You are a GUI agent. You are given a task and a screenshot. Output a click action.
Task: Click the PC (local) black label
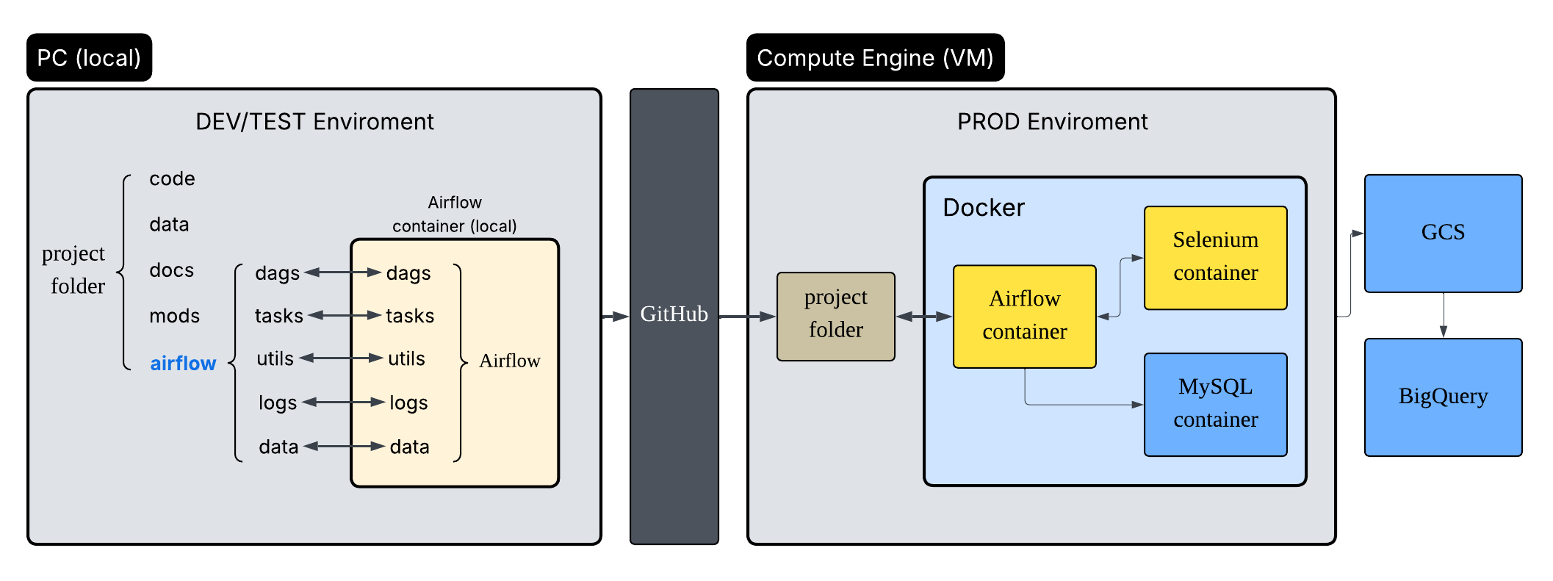(89, 57)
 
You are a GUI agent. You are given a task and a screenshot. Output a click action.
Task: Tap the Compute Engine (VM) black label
(875, 57)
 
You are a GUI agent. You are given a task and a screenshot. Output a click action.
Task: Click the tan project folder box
(835, 316)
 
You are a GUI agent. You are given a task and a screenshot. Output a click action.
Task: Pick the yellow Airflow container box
(1024, 316)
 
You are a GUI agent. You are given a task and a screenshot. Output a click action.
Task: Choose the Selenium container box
(1215, 257)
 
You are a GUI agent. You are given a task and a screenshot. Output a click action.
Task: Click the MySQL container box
(1215, 404)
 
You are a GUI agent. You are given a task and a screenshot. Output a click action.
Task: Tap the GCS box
(1443, 233)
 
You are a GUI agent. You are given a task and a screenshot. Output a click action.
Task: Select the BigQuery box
(1443, 397)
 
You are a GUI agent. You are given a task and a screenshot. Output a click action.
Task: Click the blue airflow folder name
(183, 363)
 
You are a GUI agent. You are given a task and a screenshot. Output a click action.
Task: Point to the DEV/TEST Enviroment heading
(314, 121)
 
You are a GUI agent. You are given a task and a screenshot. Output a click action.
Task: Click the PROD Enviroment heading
(1052, 121)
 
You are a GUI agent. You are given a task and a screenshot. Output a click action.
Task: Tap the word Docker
(983, 208)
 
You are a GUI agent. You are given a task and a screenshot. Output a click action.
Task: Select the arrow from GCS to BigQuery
(1444, 315)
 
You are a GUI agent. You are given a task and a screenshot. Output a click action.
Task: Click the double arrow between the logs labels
(343, 402)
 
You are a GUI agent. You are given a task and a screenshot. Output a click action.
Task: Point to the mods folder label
(174, 316)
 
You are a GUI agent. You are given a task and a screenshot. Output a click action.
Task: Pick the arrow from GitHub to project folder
(747, 317)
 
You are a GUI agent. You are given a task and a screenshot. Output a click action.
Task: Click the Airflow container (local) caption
(454, 214)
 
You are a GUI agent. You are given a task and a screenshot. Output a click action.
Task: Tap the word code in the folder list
(172, 178)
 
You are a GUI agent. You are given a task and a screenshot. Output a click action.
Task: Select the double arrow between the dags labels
(343, 273)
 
